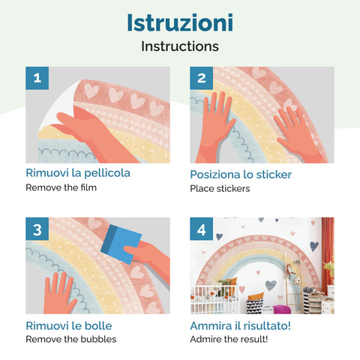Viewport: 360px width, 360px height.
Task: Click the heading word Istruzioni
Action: tap(180, 22)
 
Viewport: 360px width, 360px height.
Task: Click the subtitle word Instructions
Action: tap(180, 46)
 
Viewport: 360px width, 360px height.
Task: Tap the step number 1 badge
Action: tap(37, 78)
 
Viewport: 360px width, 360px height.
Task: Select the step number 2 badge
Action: tap(202, 78)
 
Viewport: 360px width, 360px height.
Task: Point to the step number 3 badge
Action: tap(37, 229)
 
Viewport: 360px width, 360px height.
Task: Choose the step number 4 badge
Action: tap(202, 229)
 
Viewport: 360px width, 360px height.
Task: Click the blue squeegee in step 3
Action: tap(121, 244)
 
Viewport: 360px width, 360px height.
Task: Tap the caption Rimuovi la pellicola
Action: tap(78, 173)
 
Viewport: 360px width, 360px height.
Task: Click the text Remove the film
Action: tap(61, 187)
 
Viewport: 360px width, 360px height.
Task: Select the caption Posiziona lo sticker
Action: tap(241, 175)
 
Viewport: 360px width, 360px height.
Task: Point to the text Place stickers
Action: tap(220, 188)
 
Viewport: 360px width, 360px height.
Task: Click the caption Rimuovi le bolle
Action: tap(69, 325)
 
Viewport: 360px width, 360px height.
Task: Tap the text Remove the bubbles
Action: tap(71, 339)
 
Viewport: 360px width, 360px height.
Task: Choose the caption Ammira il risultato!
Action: tap(240, 325)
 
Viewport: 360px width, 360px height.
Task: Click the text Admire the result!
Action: tap(229, 339)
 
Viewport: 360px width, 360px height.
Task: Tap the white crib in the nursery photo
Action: tap(214, 300)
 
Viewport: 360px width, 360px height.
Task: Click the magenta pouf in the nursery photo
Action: tap(282, 309)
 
